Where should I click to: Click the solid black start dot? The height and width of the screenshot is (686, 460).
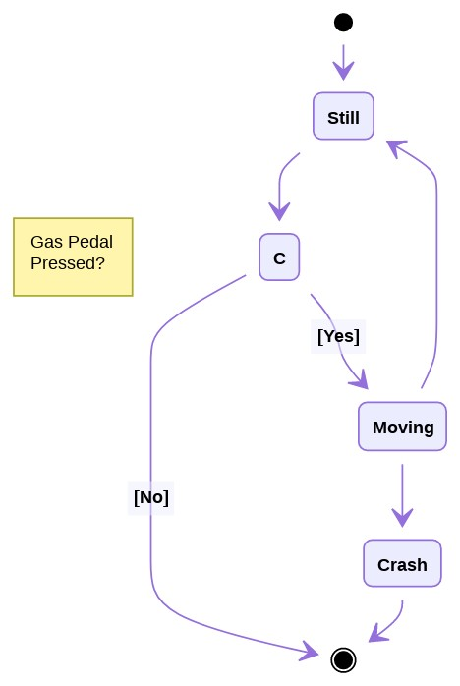[x=343, y=22]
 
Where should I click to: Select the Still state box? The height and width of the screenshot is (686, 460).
[x=343, y=117]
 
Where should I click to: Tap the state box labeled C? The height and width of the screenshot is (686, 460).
[x=279, y=257]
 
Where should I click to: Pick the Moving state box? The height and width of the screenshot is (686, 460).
[x=402, y=427]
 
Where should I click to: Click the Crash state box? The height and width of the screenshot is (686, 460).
[x=402, y=564]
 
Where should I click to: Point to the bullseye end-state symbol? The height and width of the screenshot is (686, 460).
[x=343, y=658]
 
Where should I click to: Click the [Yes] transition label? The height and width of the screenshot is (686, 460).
[x=338, y=336]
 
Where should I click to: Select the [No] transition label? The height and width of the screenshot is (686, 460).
[x=150, y=497]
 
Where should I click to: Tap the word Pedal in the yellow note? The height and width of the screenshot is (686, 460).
[x=89, y=243]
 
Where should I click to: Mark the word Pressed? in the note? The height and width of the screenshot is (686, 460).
[x=68, y=263]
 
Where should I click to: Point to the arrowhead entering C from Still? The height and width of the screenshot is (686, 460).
[x=279, y=211]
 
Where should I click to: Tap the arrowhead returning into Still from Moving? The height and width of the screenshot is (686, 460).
[x=396, y=147]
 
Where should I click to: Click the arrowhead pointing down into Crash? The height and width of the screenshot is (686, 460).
[x=402, y=517]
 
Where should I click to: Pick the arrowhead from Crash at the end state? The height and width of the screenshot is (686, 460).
[x=376, y=636]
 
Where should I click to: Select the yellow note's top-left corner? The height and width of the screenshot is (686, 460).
[x=14, y=218]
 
